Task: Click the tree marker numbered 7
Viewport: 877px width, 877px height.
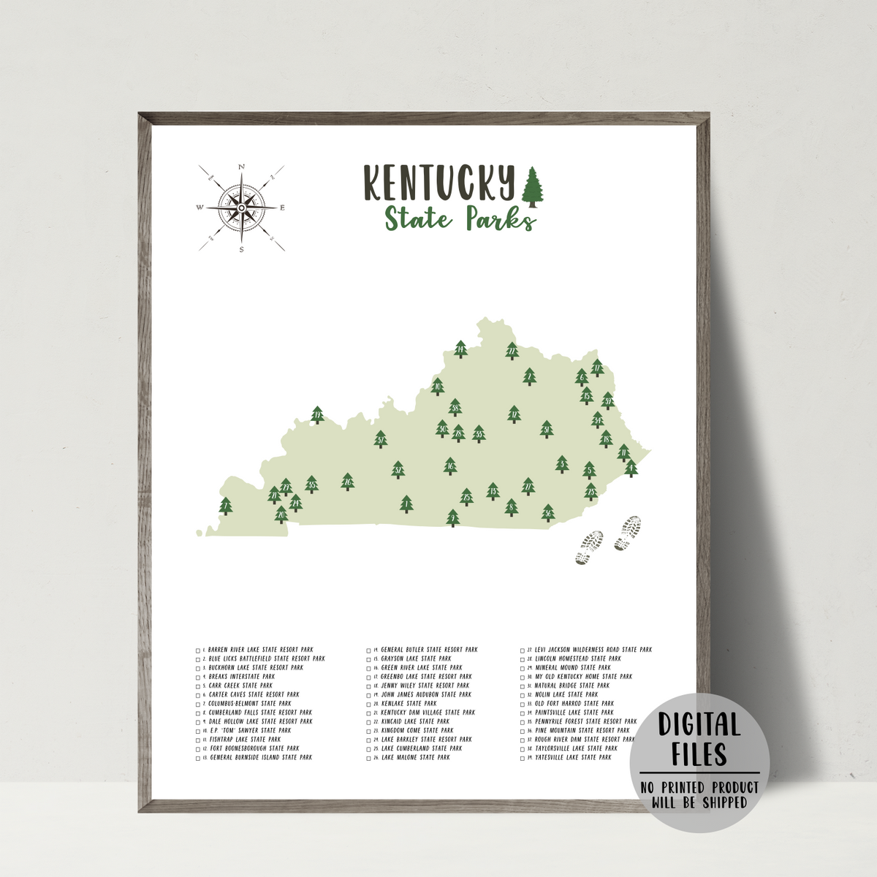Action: (x=225, y=505)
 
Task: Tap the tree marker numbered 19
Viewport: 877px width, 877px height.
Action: (x=317, y=415)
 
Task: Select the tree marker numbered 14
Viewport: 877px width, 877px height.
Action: (x=460, y=349)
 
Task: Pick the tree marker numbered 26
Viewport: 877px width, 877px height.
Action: (x=347, y=481)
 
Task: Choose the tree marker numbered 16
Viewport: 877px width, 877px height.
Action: (x=450, y=466)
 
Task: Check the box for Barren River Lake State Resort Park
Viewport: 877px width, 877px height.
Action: (x=198, y=650)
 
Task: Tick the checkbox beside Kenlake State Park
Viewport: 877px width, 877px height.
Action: (x=369, y=704)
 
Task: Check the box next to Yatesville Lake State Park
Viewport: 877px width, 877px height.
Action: (x=523, y=758)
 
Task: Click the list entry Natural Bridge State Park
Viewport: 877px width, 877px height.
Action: (x=572, y=686)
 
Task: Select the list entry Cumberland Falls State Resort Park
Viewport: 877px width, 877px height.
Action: (x=259, y=713)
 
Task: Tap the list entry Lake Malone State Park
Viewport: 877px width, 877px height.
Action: (x=414, y=757)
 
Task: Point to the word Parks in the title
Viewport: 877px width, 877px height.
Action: (x=501, y=219)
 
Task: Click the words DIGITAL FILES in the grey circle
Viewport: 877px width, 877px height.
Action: (x=699, y=738)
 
